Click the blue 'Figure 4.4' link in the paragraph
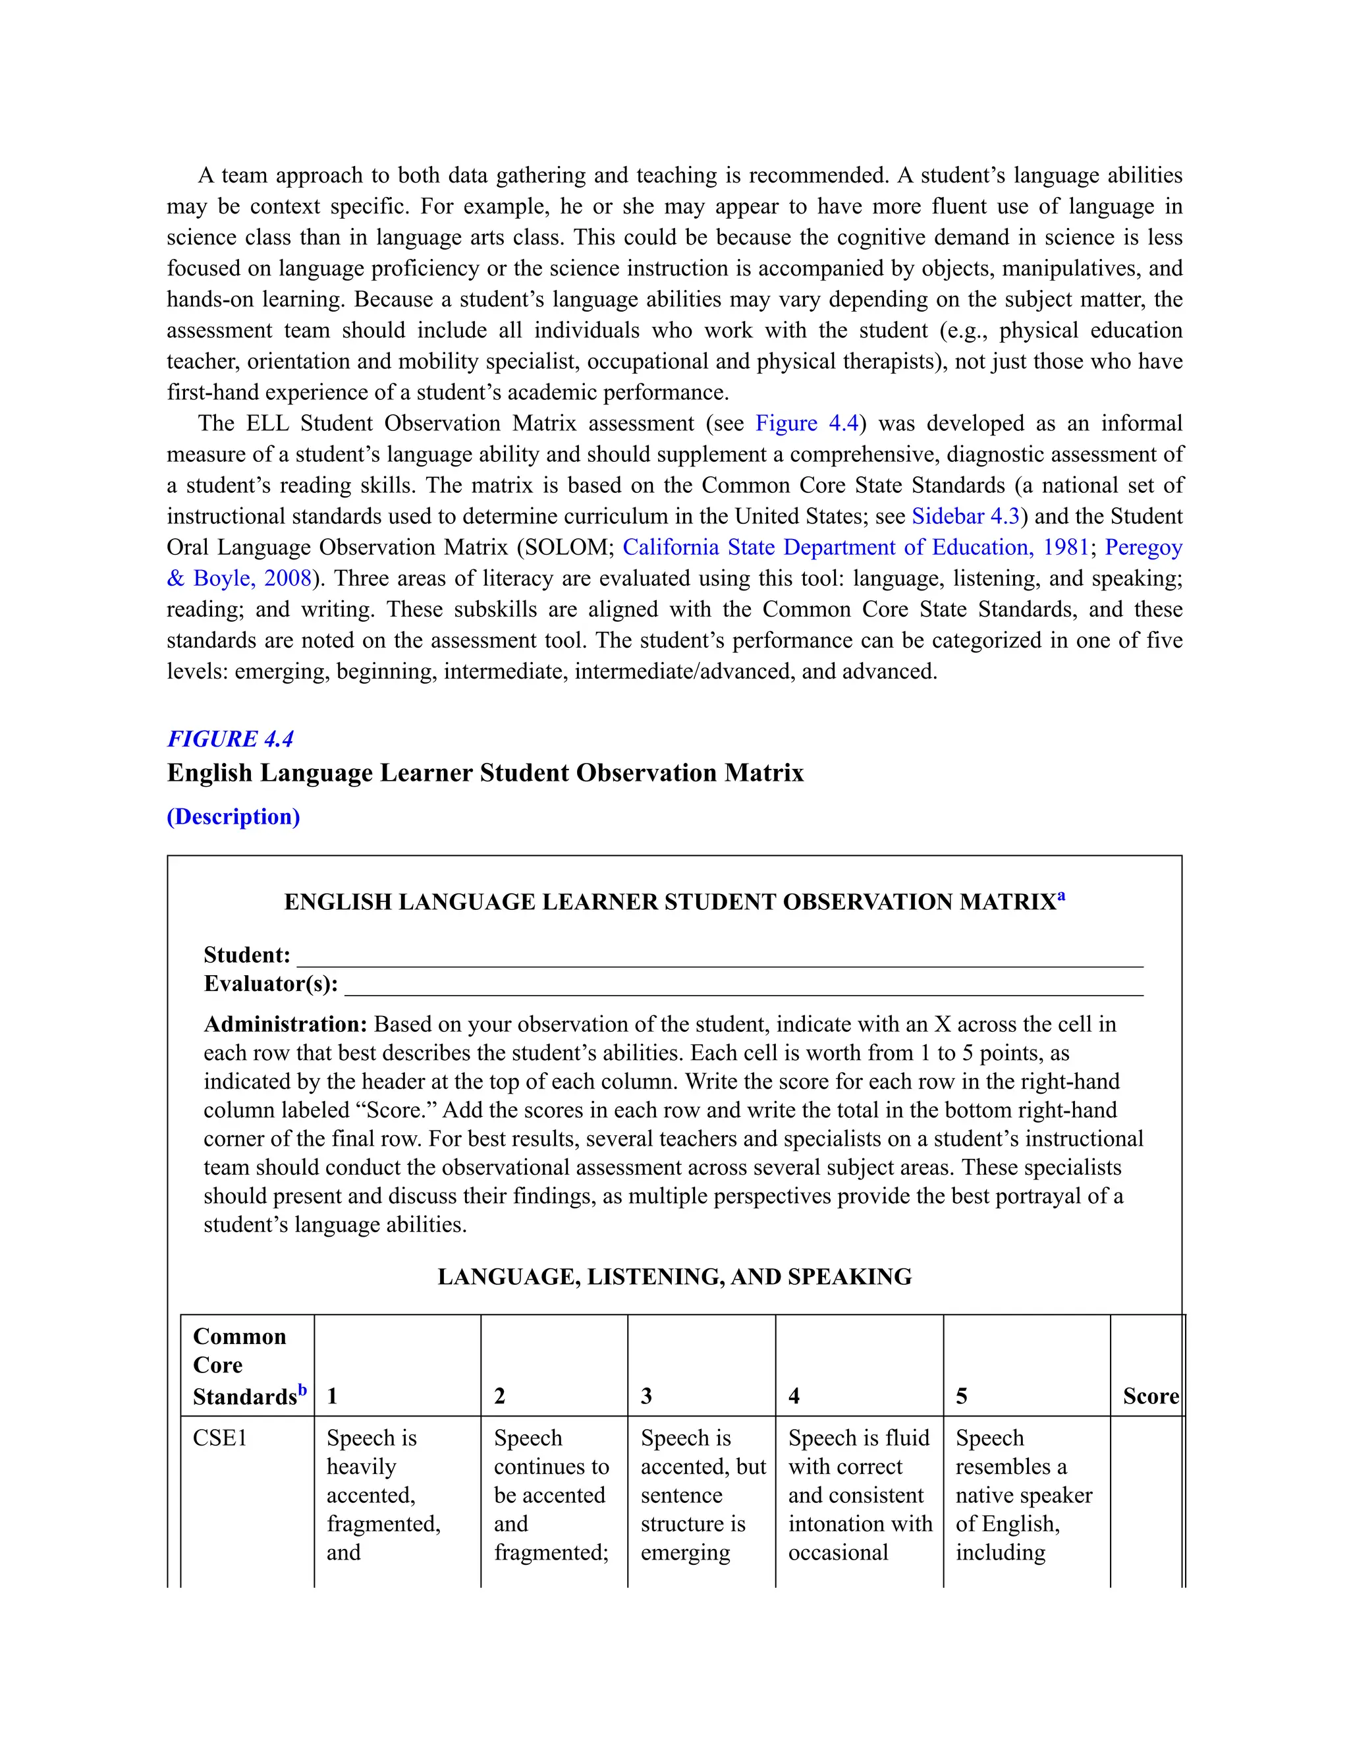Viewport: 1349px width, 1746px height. click(806, 423)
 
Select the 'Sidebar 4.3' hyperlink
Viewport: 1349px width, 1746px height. click(966, 517)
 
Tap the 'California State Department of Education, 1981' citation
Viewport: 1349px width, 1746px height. click(855, 548)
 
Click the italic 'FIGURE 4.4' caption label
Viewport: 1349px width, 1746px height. click(230, 739)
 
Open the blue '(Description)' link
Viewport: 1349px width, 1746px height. click(233, 816)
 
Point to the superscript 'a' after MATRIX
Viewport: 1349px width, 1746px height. click(1061, 896)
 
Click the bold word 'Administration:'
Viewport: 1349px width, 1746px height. click(285, 1024)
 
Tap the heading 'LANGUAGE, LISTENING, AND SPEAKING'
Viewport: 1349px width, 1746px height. click(674, 1277)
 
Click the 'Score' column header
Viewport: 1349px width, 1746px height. click(1150, 1397)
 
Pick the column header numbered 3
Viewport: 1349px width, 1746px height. click(647, 1397)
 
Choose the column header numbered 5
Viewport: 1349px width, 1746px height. click(962, 1397)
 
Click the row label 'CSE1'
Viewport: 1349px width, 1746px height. click(220, 1438)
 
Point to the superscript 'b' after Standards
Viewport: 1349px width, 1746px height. click(302, 1390)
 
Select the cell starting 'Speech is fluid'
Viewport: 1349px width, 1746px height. click(859, 1495)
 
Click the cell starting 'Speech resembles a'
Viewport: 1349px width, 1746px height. click(1023, 1495)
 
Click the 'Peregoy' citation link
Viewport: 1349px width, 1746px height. click(1143, 548)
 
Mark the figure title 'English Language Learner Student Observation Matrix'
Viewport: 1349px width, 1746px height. click(485, 773)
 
